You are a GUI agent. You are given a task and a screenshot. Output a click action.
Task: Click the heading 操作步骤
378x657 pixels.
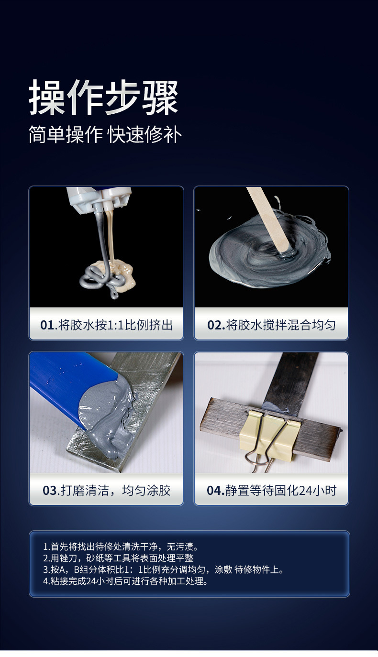pyautogui.click(x=103, y=97)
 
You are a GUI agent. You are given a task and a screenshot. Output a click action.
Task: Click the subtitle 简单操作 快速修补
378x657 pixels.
pyautogui.click(x=105, y=135)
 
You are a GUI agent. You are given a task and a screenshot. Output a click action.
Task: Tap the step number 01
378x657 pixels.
pyautogui.click(x=47, y=325)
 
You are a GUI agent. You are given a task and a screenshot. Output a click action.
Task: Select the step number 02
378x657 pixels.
pyautogui.click(x=216, y=325)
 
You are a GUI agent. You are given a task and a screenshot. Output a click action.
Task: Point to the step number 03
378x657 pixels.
pyautogui.click(x=50, y=491)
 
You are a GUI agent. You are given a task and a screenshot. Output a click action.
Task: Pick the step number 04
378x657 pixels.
pyautogui.click(x=215, y=491)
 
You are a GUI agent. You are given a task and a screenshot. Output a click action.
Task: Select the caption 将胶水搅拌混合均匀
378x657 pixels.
pyautogui.click(x=280, y=325)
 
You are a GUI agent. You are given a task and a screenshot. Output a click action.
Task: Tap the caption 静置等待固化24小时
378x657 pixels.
pyautogui.click(x=280, y=491)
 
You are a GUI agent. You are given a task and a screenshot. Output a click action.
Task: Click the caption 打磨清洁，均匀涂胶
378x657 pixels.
pyautogui.click(x=115, y=491)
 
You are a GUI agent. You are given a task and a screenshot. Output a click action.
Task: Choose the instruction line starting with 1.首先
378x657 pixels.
pyautogui.click(x=121, y=547)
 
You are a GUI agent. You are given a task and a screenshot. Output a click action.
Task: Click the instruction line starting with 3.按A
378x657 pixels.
pyautogui.click(x=164, y=569)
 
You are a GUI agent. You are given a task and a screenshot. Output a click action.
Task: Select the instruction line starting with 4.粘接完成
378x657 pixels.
pyautogui.click(x=125, y=581)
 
